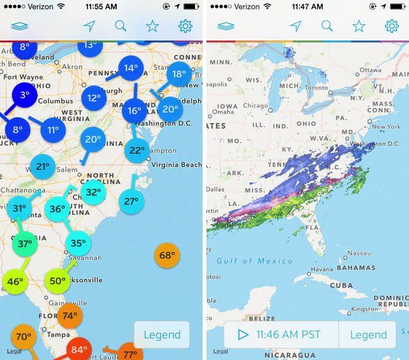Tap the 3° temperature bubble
tap(25, 95)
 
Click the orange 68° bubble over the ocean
tap(167, 255)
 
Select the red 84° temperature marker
tap(79, 349)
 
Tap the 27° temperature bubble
tap(131, 202)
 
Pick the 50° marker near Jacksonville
tap(57, 281)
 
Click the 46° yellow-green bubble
tap(15, 281)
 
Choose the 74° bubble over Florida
tap(69, 316)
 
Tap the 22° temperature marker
tap(137, 150)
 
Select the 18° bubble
tap(179, 74)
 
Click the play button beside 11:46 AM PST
tap(242, 335)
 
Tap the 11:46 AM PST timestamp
tap(288, 335)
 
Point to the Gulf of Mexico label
tap(255, 261)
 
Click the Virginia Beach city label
tap(177, 165)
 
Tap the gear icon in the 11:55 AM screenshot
tap(186, 26)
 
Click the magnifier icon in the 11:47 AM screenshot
tap(327, 26)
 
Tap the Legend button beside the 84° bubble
tap(162, 335)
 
